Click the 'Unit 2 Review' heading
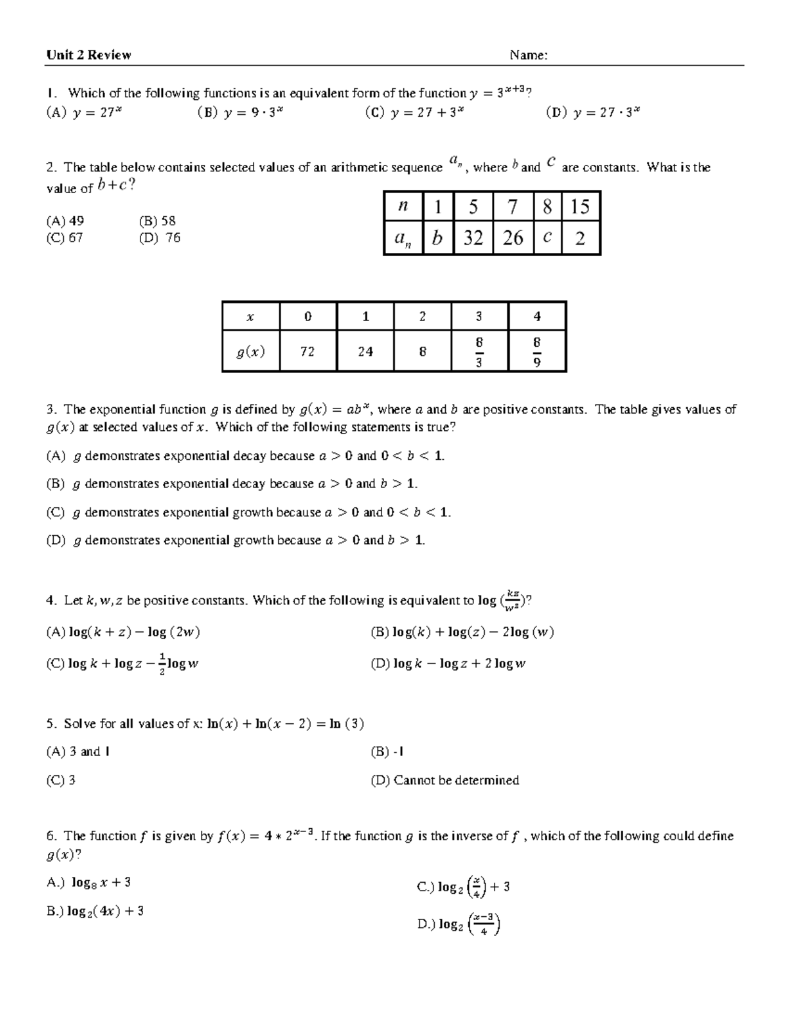pos(89,55)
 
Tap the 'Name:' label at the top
pos(529,55)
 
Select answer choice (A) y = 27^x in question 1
pos(83,112)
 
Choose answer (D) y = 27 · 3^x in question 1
pos(592,112)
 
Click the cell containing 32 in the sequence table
pos(473,238)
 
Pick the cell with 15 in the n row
pos(580,207)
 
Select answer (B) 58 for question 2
pos(157,221)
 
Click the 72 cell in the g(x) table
pos(307,351)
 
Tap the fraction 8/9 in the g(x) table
pos(537,351)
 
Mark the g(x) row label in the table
pos(251,351)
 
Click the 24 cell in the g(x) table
pos(365,351)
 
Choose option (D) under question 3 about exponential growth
pos(235,541)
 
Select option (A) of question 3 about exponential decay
pos(245,456)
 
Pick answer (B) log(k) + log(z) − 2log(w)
pos(462,632)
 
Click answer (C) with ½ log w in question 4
pos(122,664)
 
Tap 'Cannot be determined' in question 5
pos(445,780)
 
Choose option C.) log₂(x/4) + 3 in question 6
pos(464,887)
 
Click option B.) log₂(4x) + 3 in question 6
pos(95,912)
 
